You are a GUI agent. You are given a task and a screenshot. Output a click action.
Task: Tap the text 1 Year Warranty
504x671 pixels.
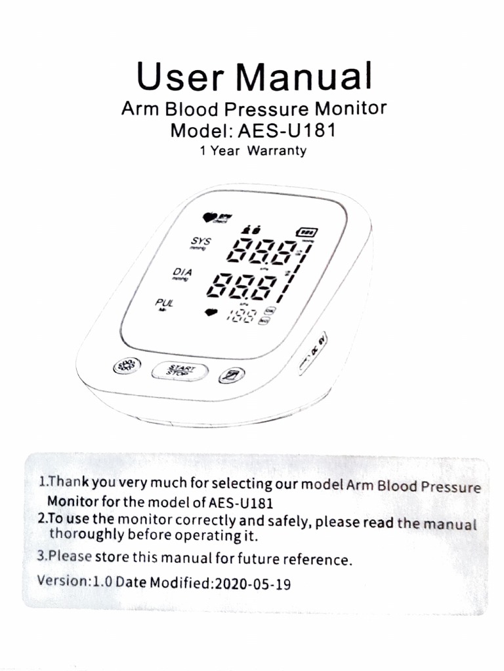click(x=253, y=151)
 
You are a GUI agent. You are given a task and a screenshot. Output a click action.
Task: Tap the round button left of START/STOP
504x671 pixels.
click(x=127, y=366)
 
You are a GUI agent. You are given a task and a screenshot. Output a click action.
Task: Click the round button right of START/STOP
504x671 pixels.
click(x=232, y=375)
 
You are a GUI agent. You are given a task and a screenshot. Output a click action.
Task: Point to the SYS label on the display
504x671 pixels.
click(x=197, y=242)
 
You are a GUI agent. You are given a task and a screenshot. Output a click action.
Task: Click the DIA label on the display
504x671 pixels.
click(x=182, y=272)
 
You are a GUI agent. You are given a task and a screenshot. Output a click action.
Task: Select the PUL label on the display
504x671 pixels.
click(x=163, y=303)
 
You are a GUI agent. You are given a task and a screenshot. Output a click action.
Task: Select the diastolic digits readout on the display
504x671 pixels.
click(x=249, y=285)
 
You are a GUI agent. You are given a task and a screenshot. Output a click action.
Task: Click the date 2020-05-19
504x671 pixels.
click(x=253, y=583)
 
